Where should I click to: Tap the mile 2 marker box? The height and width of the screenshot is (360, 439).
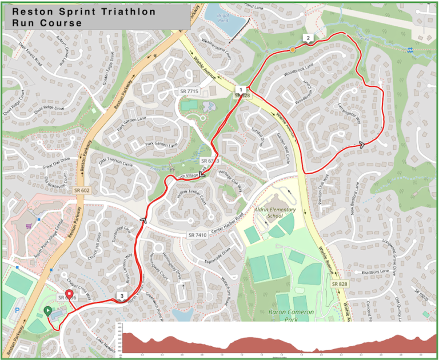(308, 38)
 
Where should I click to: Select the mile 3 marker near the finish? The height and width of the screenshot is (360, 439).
(121, 296)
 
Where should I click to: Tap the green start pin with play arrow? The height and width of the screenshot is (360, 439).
(47, 311)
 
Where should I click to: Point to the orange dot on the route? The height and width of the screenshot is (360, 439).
(293, 50)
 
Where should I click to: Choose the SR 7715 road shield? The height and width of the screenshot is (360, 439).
(189, 91)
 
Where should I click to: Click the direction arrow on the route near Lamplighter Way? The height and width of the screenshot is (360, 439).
(362, 145)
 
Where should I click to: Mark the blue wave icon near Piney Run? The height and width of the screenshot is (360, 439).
(410, 50)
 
